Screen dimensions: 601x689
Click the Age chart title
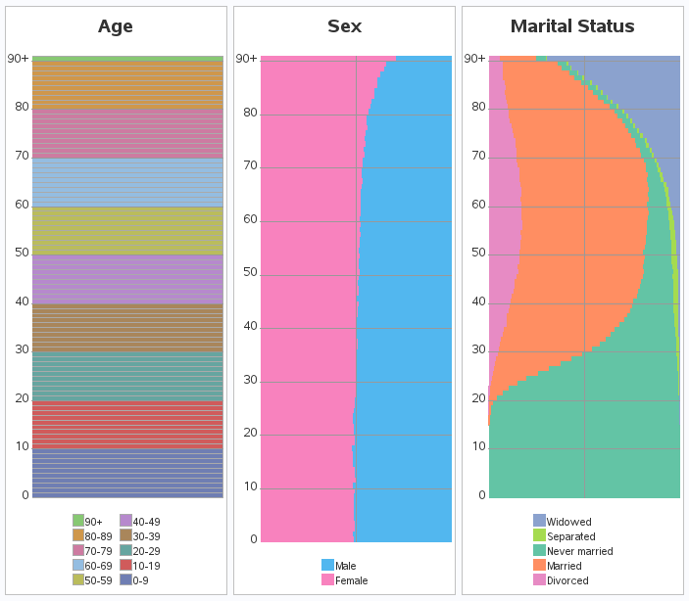[116, 26]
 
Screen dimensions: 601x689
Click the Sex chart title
[344, 26]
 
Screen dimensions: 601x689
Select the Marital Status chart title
[572, 26]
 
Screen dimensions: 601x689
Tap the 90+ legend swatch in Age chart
[78, 522]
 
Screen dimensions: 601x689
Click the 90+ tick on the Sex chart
[246, 59]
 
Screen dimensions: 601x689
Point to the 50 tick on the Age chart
[22, 253]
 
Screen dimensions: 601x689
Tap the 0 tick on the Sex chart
[252, 539]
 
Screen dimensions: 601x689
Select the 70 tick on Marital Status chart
[478, 156]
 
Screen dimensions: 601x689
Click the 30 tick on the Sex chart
[249, 380]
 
